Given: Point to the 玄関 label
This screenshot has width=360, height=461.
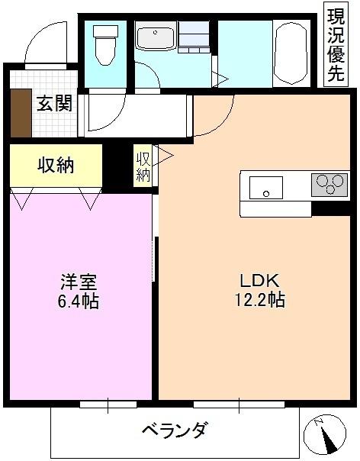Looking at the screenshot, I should click(x=54, y=103).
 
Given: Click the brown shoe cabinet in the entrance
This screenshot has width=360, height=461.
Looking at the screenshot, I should click(x=20, y=114).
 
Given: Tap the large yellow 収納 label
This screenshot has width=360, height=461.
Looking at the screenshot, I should click(x=56, y=164).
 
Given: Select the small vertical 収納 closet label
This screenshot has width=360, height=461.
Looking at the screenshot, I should click(x=143, y=166).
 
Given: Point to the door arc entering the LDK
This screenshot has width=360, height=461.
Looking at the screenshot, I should click(x=210, y=122).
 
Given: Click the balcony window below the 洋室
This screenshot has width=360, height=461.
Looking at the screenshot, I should click(x=108, y=404).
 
